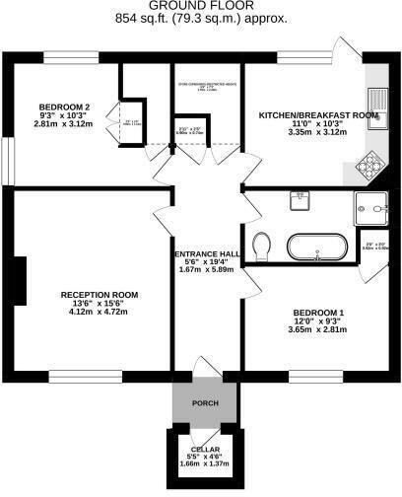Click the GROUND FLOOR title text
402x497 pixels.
point(200,6)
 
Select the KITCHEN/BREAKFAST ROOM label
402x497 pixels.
point(318,115)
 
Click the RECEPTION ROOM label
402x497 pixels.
point(99,295)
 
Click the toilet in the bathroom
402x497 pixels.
point(262,243)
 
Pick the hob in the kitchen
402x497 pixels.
point(373,165)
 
